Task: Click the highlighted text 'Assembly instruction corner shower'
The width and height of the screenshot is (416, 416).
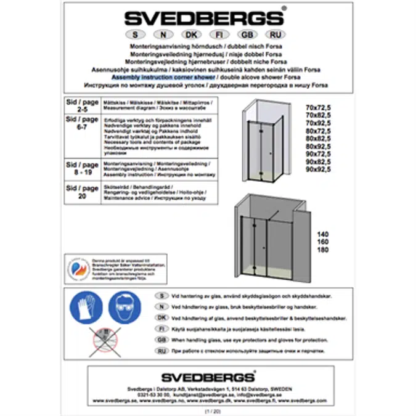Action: (x=163, y=78)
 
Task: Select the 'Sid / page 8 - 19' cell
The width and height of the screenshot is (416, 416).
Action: (x=81, y=170)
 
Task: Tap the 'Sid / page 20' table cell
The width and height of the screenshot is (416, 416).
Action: (x=81, y=192)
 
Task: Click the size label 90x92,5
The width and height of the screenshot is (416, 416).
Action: (x=319, y=169)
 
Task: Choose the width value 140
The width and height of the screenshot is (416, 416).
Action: (x=320, y=235)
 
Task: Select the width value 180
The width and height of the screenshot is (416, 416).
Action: (x=320, y=251)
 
